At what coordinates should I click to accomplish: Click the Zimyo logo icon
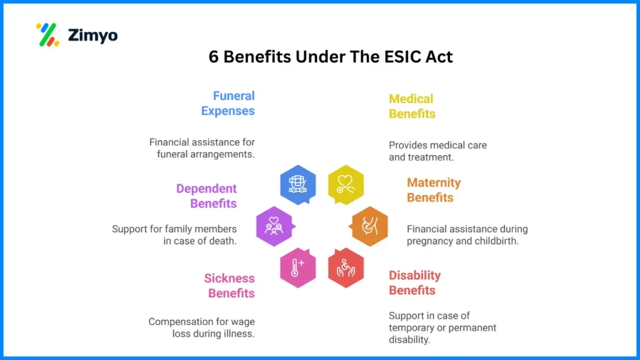click(x=47, y=35)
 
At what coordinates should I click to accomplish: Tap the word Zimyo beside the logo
click(x=92, y=36)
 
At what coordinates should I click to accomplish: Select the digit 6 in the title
click(x=214, y=57)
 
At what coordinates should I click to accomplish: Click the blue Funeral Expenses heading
click(x=228, y=103)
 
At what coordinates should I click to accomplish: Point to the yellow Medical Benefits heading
click(x=412, y=106)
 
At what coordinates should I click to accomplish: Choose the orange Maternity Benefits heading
click(x=434, y=190)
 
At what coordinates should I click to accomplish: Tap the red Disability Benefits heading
click(x=414, y=282)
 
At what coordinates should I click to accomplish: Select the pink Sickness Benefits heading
click(x=229, y=286)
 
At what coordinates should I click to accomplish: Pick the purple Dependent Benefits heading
click(x=206, y=196)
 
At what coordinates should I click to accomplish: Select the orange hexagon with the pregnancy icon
click(x=369, y=226)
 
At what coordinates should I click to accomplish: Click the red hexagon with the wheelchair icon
click(x=346, y=267)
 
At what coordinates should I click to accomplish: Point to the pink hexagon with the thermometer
click(x=297, y=267)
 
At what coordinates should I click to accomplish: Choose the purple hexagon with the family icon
click(x=274, y=226)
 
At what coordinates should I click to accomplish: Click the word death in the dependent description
click(x=223, y=241)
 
